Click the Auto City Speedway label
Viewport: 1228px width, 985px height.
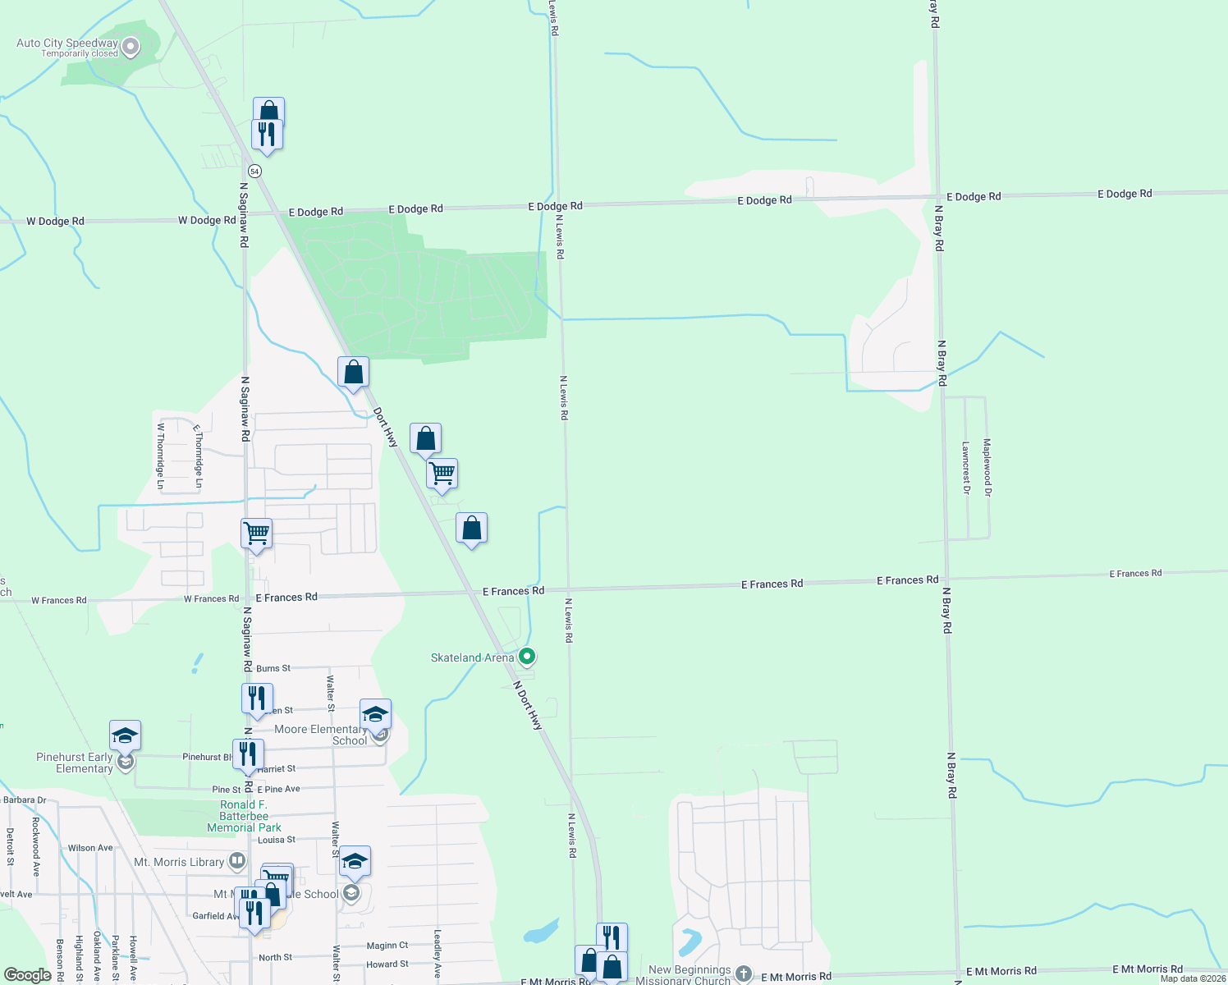point(67,44)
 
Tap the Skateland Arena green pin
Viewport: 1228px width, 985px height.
point(528,657)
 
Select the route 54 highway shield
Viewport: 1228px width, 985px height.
point(255,172)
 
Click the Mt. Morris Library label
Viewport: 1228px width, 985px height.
point(179,862)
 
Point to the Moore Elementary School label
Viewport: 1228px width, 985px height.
point(320,735)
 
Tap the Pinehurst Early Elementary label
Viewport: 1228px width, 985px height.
point(75,763)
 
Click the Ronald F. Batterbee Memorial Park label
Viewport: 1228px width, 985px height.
point(244,816)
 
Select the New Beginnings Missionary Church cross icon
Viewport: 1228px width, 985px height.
point(744,974)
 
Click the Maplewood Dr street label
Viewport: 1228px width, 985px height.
point(987,467)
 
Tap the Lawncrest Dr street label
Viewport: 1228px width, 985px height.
point(966,468)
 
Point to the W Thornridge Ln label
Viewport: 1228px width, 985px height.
point(161,456)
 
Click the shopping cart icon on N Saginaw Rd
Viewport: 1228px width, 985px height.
point(256,533)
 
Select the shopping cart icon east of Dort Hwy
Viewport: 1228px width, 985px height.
point(442,474)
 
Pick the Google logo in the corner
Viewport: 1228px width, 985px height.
point(28,975)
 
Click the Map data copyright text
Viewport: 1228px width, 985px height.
point(1193,978)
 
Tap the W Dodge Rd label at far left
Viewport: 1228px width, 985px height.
point(55,221)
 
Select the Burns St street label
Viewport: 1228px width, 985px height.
point(273,668)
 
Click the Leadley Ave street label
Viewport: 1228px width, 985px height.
point(438,954)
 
